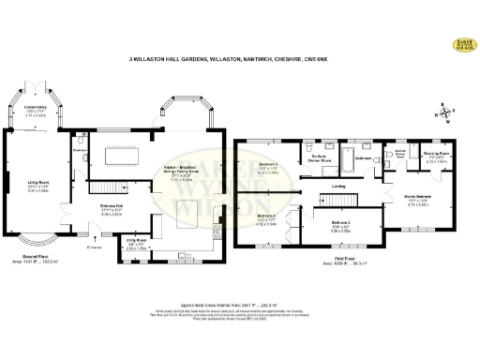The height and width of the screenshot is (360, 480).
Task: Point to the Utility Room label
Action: click(136, 246)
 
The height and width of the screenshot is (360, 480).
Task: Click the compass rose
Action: click(444, 113)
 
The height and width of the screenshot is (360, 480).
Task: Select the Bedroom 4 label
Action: click(267, 221)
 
